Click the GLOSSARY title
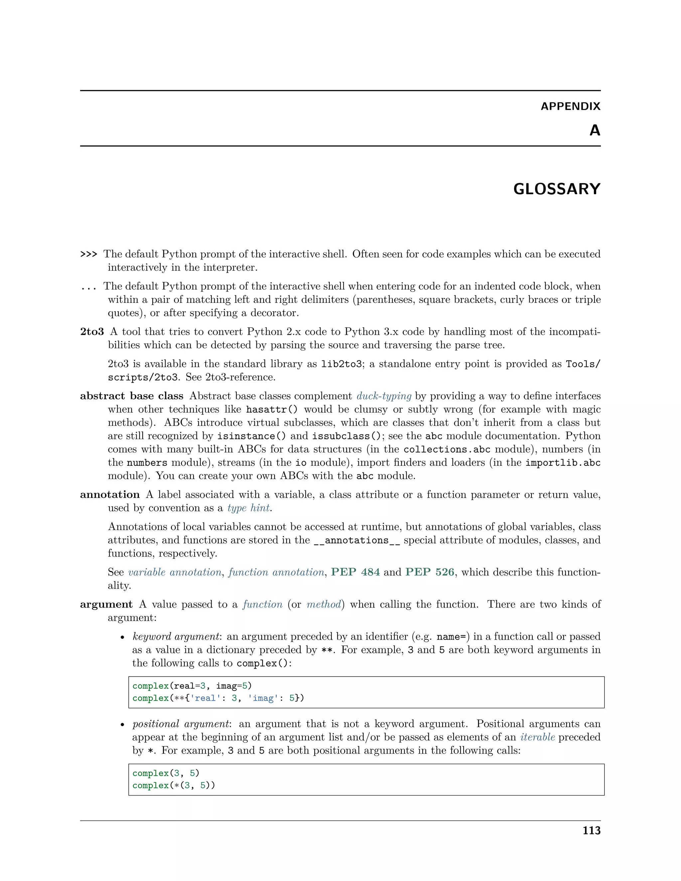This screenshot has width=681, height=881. pyautogui.click(x=556, y=189)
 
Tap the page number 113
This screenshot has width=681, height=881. pyautogui.click(x=592, y=830)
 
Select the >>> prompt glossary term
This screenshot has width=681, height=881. pyautogui.click(x=89, y=254)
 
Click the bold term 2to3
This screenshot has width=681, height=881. pyautogui.click(x=92, y=331)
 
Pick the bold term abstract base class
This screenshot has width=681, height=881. pyautogui.click(x=132, y=396)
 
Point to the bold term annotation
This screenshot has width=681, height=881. pyautogui.click(x=110, y=495)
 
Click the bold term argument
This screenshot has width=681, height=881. pyautogui.click(x=106, y=604)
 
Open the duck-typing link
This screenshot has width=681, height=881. pyautogui.click(x=384, y=396)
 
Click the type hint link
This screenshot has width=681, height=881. pyautogui.click(x=248, y=508)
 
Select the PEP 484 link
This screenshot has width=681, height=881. pyautogui.click(x=355, y=572)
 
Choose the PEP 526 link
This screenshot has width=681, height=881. pyautogui.click(x=430, y=572)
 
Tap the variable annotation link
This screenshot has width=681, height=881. pyautogui.click(x=175, y=572)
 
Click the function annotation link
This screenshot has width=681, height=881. pyautogui.click(x=276, y=572)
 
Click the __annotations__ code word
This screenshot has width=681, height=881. pyautogui.click(x=357, y=540)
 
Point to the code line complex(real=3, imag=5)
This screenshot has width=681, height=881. pyautogui.click(x=192, y=686)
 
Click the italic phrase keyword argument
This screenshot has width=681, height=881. pyautogui.click(x=176, y=637)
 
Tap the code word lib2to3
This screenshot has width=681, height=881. pyautogui.click(x=341, y=364)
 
